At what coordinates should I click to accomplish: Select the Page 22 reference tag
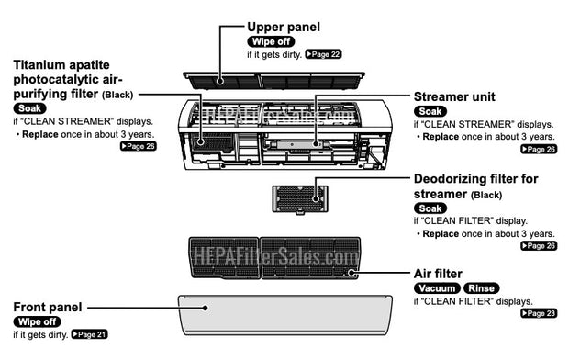(x=323, y=55)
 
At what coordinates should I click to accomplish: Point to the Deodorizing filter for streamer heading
(x=475, y=186)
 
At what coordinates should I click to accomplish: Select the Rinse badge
(x=483, y=287)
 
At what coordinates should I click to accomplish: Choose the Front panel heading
(x=48, y=306)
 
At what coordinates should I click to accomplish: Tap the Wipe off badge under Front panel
(x=38, y=321)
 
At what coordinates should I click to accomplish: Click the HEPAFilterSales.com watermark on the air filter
(x=273, y=258)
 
